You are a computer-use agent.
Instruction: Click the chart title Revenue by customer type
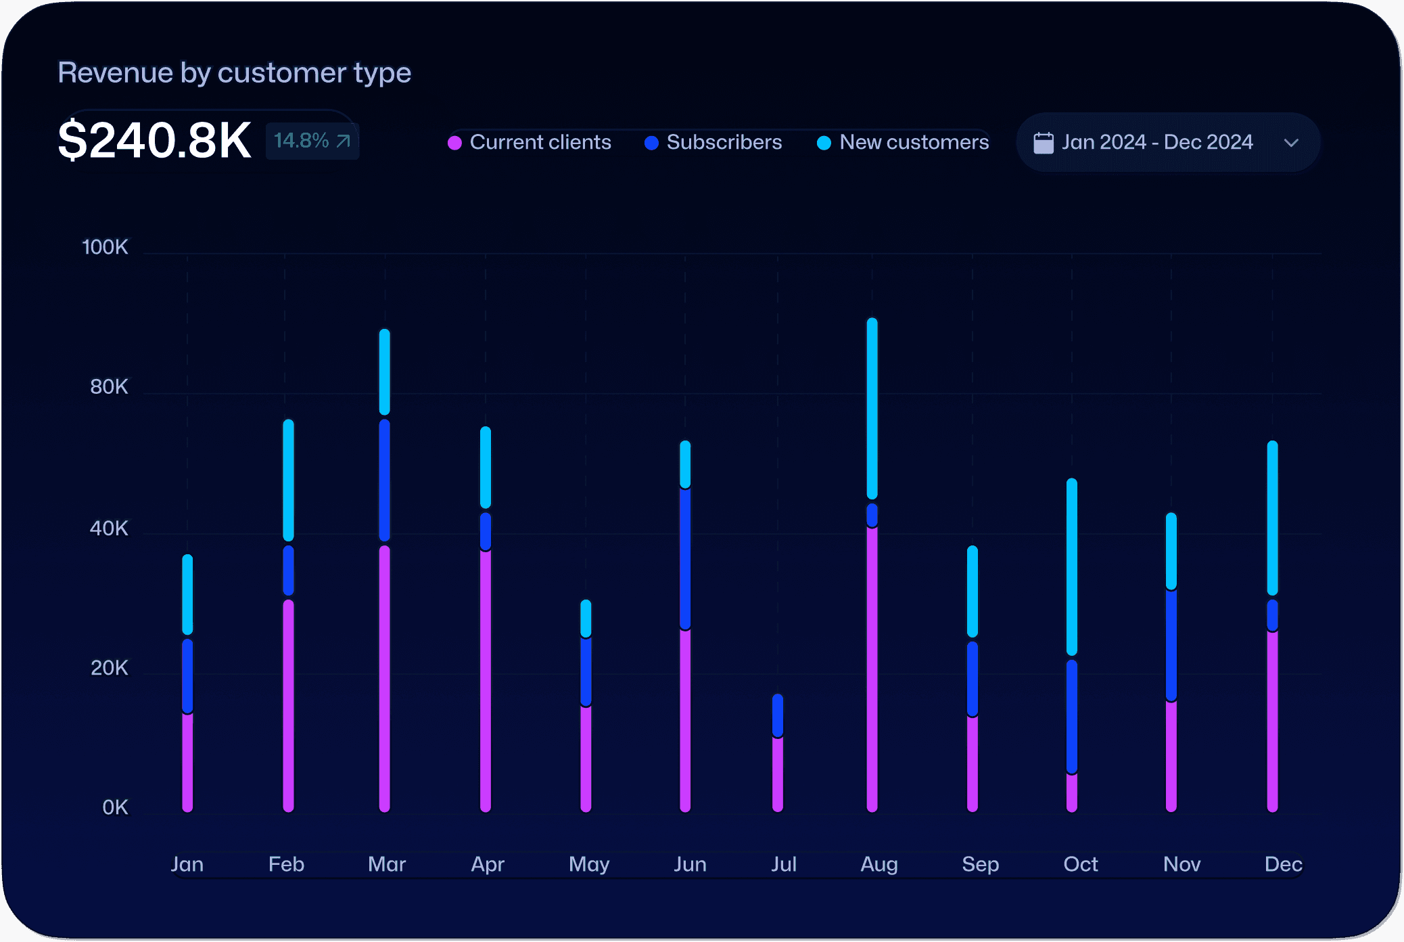click(234, 72)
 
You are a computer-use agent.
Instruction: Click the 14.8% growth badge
click(312, 141)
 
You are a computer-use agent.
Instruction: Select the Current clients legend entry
click(530, 142)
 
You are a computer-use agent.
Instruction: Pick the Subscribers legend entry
click(713, 142)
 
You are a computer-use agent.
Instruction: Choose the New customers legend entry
click(903, 142)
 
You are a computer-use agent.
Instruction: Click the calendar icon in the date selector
click(1044, 143)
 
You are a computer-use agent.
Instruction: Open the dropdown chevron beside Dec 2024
click(1291, 143)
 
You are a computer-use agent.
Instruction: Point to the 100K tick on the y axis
click(105, 247)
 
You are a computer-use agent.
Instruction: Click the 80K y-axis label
click(109, 387)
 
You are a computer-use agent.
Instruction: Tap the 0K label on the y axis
click(115, 807)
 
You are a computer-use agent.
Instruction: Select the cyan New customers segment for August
click(872, 408)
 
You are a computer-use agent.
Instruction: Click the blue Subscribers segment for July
click(778, 715)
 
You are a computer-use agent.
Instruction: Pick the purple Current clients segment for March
click(385, 677)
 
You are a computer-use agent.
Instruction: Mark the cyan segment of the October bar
click(1072, 566)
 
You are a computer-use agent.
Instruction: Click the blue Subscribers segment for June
click(685, 558)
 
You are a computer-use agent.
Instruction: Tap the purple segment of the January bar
click(187, 761)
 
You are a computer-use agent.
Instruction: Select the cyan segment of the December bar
click(1272, 518)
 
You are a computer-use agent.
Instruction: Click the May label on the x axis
click(589, 864)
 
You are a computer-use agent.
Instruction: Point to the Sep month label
click(980, 864)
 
